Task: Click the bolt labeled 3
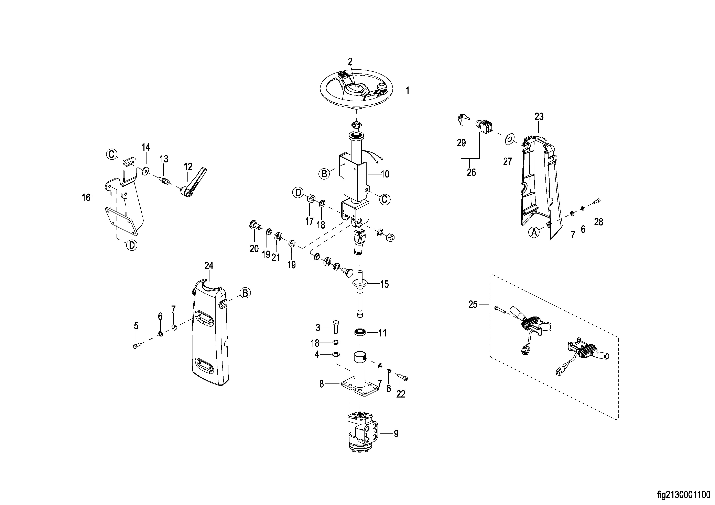coord(336,326)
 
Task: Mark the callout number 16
coord(86,197)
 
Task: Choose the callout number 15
coord(384,284)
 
